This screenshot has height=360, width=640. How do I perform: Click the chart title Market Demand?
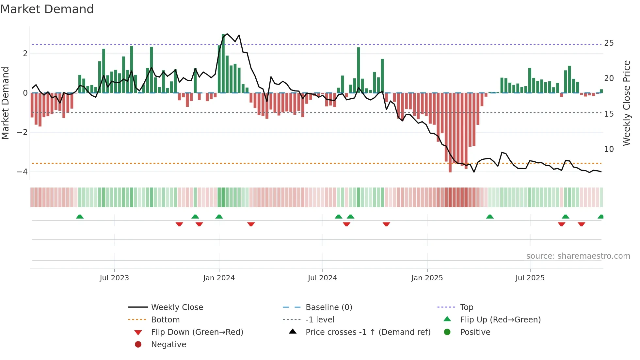click(x=47, y=9)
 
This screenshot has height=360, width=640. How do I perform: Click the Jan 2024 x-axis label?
click(x=219, y=278)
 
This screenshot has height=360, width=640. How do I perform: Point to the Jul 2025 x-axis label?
click(x=530, y=278)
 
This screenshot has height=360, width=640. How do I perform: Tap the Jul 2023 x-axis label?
click(x=114, y=278)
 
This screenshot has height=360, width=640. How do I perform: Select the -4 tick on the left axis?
click(x=22, y=172)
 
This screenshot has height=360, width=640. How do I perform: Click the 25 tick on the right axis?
click(x=609, y=43)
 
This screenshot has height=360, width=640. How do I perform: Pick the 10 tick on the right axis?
click(x=609, y=149)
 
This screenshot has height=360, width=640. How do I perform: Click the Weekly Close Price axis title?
click(x=626, y=103)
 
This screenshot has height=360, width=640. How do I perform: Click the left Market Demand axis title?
click(x=6, y=103)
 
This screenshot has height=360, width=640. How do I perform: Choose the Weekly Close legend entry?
click(x=177, y=307)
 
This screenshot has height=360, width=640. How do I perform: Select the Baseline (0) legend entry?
click(x=328, y=307)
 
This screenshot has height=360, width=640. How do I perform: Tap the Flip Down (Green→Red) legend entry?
click(x=197, y=332)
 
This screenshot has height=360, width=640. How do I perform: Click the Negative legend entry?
click(x=168, y=345)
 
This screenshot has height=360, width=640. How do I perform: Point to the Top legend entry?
click(x=467, y=307)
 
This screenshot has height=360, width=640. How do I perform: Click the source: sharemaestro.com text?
click(x=578, y=256)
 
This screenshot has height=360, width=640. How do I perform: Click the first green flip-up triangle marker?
click(x=80, y=217)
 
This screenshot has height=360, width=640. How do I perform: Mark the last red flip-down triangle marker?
click(x=581, y=224)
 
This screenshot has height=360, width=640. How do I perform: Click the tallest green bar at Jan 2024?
click(x=223, y=64)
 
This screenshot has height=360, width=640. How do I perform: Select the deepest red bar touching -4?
click(x=450, y=132)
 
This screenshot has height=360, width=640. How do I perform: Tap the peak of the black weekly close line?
click(x=227, y=34)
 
